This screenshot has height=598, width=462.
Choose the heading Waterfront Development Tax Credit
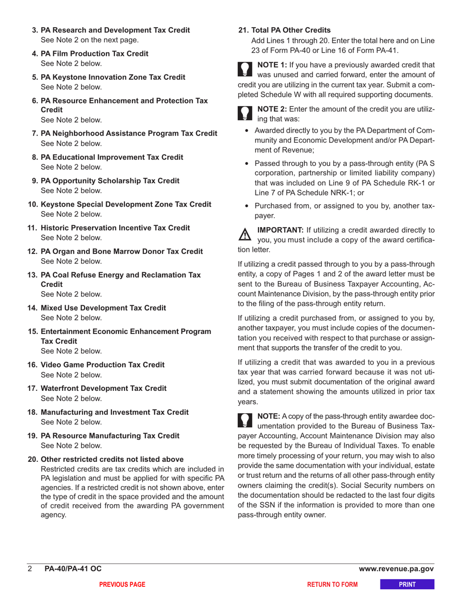(x=104, y=388)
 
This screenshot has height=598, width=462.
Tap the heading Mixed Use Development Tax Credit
(x=104, y=308)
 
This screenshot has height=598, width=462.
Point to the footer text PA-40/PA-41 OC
(x=73, y=569)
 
